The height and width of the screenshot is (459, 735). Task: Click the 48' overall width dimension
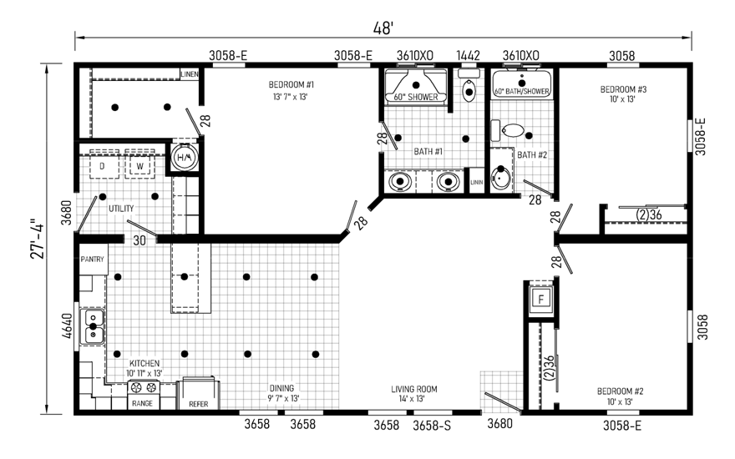click(383, 28)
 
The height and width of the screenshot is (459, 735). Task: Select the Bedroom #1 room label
click(291, 85)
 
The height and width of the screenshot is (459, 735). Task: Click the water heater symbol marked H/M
click(185, 157)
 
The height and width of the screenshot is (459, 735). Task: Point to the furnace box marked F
click(541, 299)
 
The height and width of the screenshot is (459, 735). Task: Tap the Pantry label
click(92, 259)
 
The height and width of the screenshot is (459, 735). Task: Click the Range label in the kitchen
click(142, 403)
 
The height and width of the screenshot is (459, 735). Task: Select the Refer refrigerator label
click(198, 404)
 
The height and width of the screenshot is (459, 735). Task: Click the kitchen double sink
click(92, 326)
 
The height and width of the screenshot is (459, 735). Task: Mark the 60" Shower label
click(415, 97)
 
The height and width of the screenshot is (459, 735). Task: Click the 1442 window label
click(468, 56)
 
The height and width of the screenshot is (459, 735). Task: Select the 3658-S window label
click(432, 426)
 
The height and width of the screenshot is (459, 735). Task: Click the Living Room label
click(414, 389)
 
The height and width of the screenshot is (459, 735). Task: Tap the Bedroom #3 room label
click(623, 89)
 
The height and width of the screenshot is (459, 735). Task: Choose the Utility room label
click(121, 209)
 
